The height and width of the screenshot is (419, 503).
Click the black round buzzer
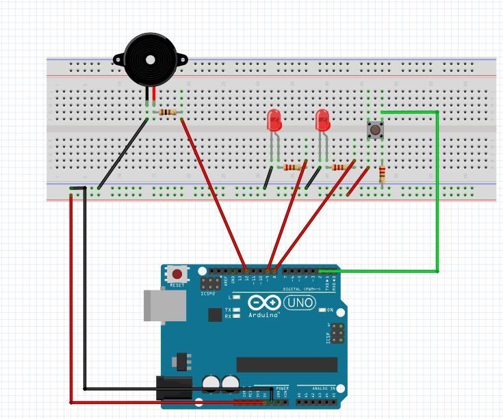pyautogui.click(x=150, y=59)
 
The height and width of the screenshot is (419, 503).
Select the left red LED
pyautogui.click(x=274, y=121)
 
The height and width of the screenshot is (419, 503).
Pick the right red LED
pyautogui.click(x=322, y=121)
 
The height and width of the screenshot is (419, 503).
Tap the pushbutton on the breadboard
pyautogui.click(x=375, y=130)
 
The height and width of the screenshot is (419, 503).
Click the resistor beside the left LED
pyautogui.click(x=293, y=167)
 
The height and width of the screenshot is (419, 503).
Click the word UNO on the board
pyautogui.click(x=300, y=302)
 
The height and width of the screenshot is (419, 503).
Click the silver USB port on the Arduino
pyautogui.click(x=164, y=305)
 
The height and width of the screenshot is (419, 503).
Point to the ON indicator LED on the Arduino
pyautogui.click(x=322, y=310)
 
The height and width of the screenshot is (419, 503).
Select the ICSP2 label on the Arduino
pyautogui.click(x=208, y=294)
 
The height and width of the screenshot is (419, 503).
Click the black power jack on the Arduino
pyautogui.click(x=174, y=388)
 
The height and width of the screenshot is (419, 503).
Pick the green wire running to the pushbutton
pyautogui.click(x=437, y=191)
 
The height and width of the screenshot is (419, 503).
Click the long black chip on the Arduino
pyautogui.click(x=287, y=364)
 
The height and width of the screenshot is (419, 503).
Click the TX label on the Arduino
pyautogui.click(x=228, y=310)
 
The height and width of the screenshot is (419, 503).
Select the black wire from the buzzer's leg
pyautogui.click(x=123, y=152)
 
